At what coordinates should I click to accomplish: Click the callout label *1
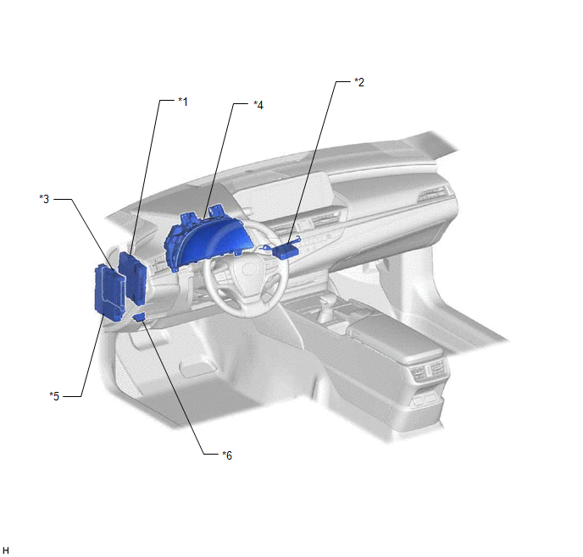point(183,102)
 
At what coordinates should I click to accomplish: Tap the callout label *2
point(359,82)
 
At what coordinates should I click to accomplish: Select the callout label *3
point(44,199)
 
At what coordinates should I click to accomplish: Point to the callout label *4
point(258,105)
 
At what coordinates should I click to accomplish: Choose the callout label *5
point(54,396)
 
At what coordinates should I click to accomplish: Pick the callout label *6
point(227,455)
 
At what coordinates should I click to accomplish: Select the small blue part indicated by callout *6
point(139,317)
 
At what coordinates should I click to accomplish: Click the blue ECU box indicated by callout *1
point(133,278)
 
